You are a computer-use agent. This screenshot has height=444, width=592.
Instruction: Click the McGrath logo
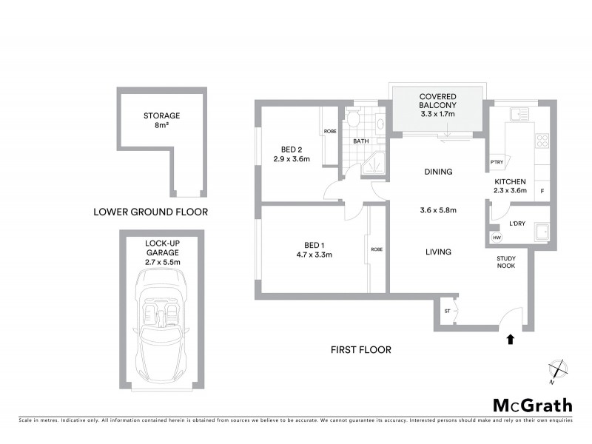click(533, 405)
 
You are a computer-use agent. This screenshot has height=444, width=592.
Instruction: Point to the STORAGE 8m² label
click(162, 121)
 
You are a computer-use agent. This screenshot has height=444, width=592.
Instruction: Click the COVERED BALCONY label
click(437, 106)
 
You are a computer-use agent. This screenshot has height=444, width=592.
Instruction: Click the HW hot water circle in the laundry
click(496, 238)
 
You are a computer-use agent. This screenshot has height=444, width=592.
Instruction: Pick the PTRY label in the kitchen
click(497, 164)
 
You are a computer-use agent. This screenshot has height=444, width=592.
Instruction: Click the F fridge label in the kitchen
click(542, 191)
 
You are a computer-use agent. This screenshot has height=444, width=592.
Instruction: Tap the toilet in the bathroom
click(354, 121)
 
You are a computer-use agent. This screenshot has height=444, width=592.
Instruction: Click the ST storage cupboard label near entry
click(447, 312)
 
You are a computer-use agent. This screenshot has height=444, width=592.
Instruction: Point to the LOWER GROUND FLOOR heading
click(150, 212)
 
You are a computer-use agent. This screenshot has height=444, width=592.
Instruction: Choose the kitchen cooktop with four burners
click(542, 139)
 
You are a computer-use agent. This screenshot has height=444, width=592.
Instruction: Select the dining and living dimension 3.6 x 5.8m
click(438, 210)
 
